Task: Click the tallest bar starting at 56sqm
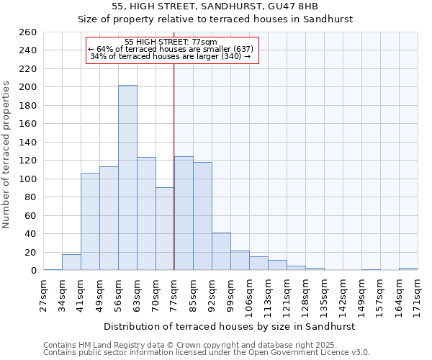(127, 178)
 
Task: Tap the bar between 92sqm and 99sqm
(221, 251)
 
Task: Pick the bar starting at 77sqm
(184, 213)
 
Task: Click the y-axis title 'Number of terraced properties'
(6, 155)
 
